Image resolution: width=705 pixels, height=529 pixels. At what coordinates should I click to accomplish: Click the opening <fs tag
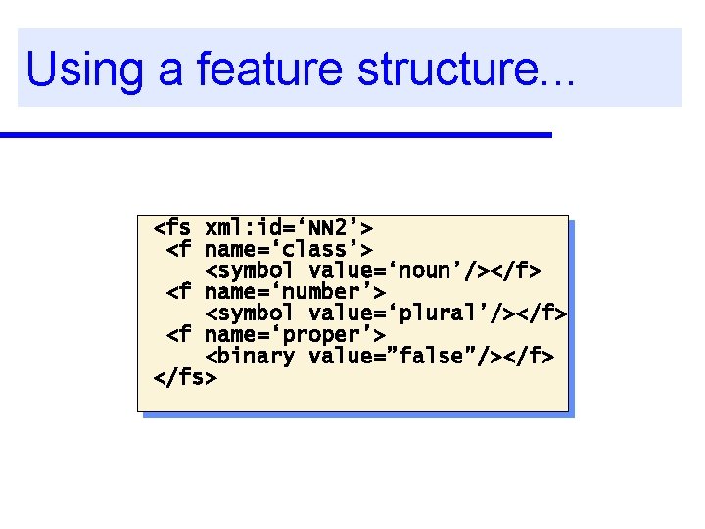172,228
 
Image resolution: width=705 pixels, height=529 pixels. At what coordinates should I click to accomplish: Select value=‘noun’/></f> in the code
425,270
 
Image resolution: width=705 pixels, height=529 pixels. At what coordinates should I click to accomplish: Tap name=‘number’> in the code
295,292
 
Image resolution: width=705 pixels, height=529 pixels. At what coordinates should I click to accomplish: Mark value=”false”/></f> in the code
432,356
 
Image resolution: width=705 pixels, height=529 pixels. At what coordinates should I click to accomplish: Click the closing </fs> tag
185,376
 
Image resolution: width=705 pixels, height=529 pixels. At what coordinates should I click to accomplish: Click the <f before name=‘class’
179,250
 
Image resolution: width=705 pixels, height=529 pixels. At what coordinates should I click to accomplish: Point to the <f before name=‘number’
179,292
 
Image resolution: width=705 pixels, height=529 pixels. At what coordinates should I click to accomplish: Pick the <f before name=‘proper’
179,334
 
